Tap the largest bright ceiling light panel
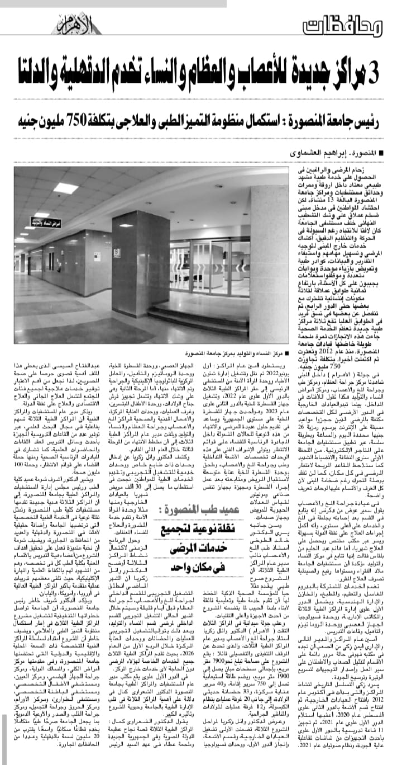[x=66, y=188]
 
